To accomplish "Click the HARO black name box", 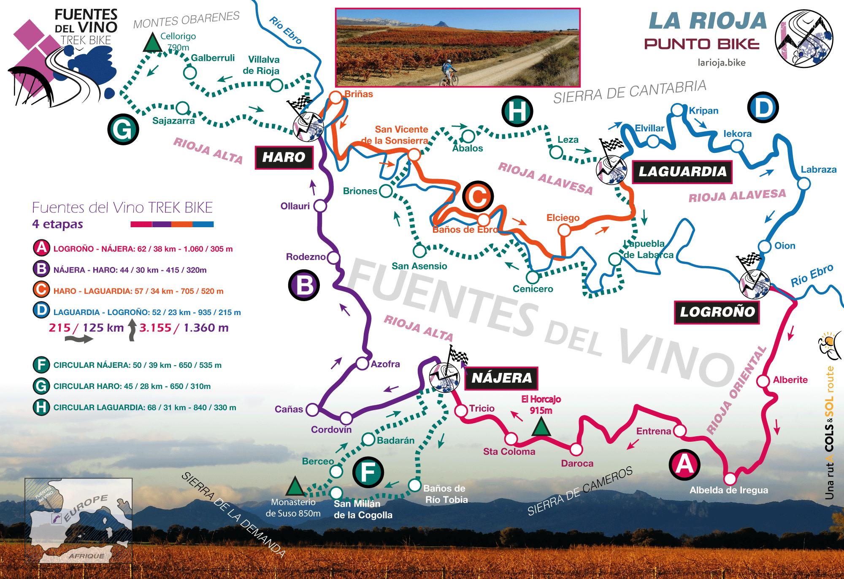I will [x=284, y=158].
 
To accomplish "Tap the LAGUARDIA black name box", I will [x=682, y=172].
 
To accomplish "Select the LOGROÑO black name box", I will [x=717, y=312].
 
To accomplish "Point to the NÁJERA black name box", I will [x=501, y=378].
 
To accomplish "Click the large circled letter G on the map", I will [x=123, y=129].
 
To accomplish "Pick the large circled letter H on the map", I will [x=517, y=111].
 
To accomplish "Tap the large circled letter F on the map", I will [x=368, y=472].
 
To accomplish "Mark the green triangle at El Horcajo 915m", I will [x=541, y=427].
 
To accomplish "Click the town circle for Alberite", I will [x=763, y=381].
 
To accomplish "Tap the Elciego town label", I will [x=563, y=218].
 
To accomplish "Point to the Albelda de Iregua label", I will [x=729, y=490].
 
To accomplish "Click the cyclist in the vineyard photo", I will [x=449, y=73].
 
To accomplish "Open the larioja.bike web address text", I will [x=722, y=63].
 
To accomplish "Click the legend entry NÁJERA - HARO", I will [x=130, y=270].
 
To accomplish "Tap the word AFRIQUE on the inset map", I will [x=86, y=556].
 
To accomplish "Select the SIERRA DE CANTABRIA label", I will [x=630, y=92].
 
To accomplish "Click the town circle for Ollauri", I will [x=320, y=206].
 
